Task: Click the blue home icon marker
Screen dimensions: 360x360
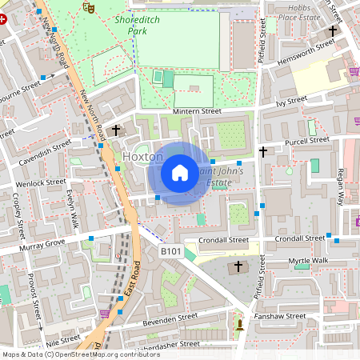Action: coord(180,173)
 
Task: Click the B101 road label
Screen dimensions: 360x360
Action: coord(171,251)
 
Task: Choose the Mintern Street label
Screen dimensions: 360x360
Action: coord(196,112)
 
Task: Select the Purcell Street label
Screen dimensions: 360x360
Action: coord(307,141)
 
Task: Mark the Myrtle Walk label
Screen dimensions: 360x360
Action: coord(308,261)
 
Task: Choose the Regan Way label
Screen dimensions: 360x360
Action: coord(340,186)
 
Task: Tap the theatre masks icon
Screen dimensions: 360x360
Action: coord(88,6)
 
